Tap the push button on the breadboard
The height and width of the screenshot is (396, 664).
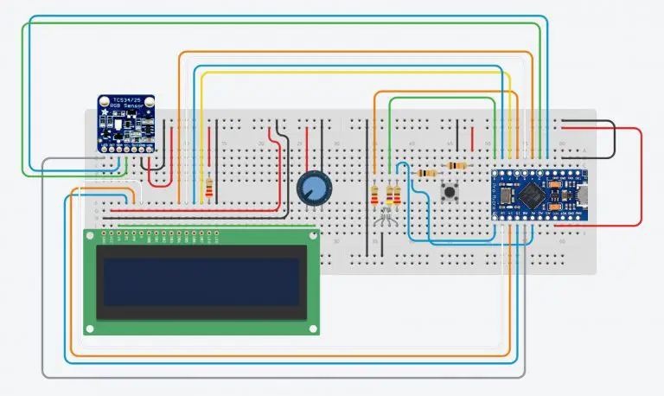point(450,192)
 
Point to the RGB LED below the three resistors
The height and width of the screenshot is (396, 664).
point(386,220)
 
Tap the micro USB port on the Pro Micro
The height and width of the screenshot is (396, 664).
point(585,195)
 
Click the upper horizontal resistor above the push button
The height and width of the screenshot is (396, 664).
point(455,165)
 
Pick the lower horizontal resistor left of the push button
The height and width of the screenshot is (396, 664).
point(426,173)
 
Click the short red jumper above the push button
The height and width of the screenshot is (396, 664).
point(473,137)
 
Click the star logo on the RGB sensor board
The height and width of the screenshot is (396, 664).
point(105,112)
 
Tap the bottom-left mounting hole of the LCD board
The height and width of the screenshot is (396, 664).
point(90,329)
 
